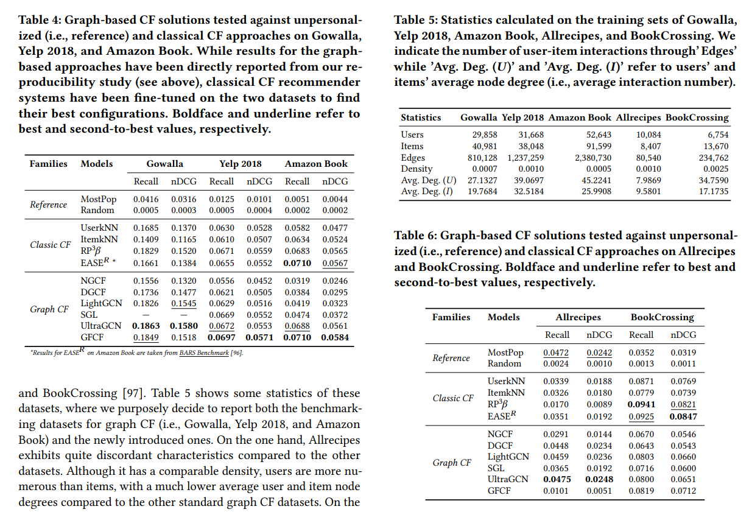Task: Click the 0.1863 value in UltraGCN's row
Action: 146,326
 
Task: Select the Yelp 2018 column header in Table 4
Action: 241,164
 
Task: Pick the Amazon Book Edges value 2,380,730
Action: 593,157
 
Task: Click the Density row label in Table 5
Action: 416,169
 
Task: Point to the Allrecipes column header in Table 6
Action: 578,317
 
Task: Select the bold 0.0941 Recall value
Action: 641,404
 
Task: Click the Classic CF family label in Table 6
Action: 452,398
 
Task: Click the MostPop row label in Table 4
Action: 98,199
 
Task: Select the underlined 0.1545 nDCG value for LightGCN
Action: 183,303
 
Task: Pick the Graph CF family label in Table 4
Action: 49,309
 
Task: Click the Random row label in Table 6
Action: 504,363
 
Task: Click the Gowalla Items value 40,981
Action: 485,146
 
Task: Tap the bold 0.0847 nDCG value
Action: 683,417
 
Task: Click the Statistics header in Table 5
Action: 421,117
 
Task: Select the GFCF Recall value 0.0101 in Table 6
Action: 557,491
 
